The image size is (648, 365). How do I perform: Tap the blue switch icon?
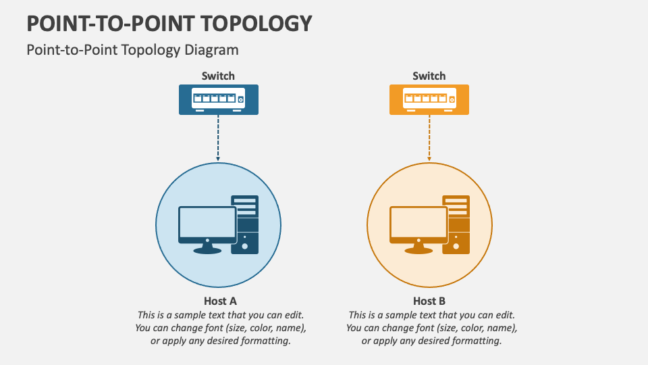(218, 99)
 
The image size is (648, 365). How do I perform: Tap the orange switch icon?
(429, 99)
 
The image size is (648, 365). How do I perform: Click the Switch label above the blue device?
(218, 76)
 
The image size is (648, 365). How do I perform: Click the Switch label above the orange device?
(429, 76)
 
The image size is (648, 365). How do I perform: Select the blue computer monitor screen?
(207, 223)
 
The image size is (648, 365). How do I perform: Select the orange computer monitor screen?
(418, 223)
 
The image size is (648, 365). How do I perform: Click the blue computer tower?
(245, 224)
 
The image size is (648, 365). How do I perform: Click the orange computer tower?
(456, 224)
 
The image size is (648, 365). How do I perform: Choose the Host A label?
(220, 301)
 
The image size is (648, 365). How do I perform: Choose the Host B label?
(429, 301)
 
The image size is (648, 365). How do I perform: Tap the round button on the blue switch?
(241, 100)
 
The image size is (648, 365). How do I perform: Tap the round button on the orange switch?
(452, 100)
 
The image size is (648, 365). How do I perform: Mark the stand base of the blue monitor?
(207, 250)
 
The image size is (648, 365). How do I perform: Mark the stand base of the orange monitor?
(418, 250)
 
